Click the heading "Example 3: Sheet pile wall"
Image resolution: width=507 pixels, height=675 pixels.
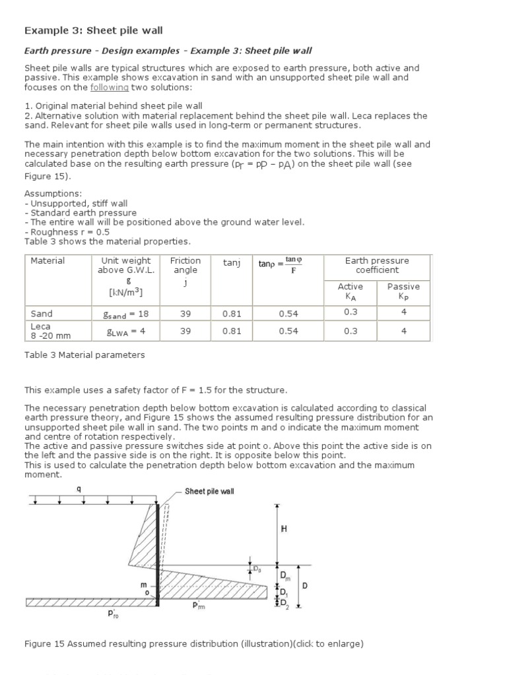click(93, 30)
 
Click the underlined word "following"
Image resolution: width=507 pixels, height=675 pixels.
click(110, 88)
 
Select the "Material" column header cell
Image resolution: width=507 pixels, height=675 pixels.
click(48, 261)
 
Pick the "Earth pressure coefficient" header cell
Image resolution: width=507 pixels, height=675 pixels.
click(377, 265)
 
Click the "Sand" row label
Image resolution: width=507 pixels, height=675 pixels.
click(42, 314)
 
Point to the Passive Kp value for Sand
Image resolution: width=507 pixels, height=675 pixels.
click(404, 312)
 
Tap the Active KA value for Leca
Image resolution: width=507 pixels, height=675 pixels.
click(351, 332)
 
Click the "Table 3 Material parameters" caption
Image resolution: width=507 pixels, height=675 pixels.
click(84, 355)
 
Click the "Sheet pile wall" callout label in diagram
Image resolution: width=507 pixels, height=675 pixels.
click(209, 491)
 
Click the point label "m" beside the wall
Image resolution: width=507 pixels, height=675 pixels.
click(143, 585)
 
